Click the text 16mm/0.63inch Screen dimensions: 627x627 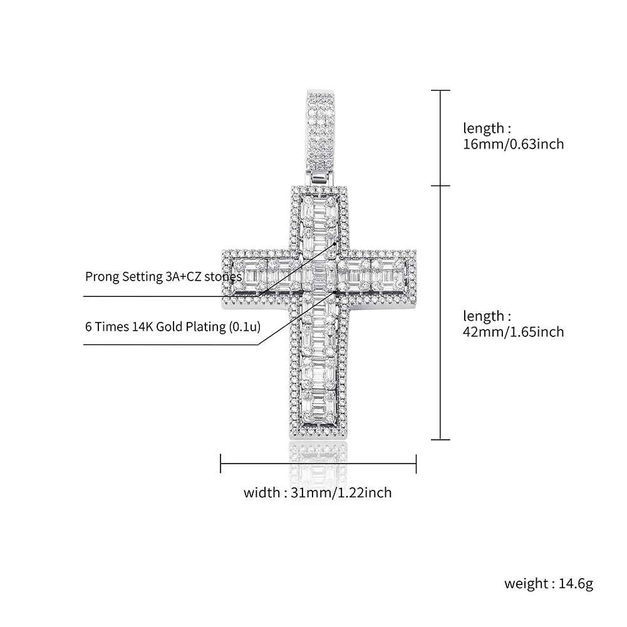coord(513,144)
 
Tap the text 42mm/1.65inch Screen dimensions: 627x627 coord(513,332)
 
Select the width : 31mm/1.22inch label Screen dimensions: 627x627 coord(318,493)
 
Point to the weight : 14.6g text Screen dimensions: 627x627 coord(548,584)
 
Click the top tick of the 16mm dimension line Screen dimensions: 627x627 coord(442,91)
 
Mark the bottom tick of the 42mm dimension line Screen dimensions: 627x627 coord(442,440)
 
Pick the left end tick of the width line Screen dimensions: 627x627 coord(220,464)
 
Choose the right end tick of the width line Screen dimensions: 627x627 coord(417,464)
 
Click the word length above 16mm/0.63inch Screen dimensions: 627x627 coord(483,128)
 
